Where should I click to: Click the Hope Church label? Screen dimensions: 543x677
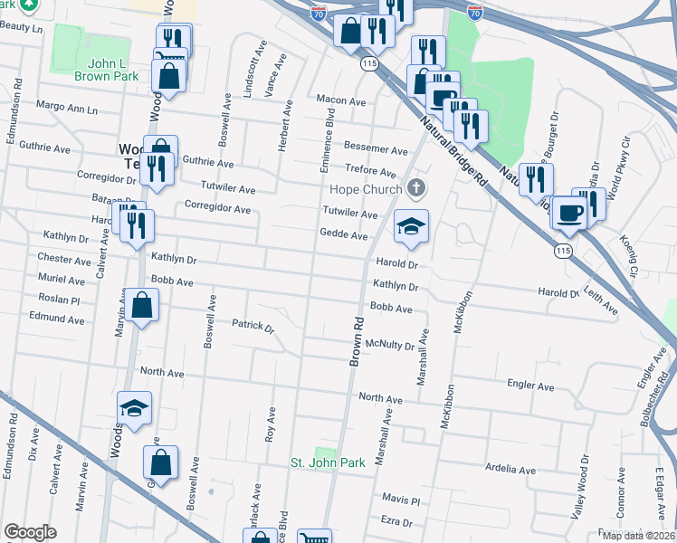[365, 189]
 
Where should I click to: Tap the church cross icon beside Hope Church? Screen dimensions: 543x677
[416, 189]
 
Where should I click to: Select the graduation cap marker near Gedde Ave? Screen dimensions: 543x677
[411, 226]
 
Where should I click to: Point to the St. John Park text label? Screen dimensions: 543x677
[328, 462]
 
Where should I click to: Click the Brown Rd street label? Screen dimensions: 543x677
[357, 342]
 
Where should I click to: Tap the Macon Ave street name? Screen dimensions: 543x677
[341, 101]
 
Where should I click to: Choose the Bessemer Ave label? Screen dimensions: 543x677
[376, 149]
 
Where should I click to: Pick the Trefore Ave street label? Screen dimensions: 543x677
[371, 172]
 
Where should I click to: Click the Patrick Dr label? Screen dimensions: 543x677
[253, 324]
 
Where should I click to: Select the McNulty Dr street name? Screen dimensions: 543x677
[389, 345]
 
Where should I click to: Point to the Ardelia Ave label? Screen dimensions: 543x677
[510, 469]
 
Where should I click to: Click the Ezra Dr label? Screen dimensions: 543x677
[396, 522]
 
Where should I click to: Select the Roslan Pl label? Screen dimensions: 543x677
[61, 298]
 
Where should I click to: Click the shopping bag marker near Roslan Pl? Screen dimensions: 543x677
[143, 306]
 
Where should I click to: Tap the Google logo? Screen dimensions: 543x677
[30, 532]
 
